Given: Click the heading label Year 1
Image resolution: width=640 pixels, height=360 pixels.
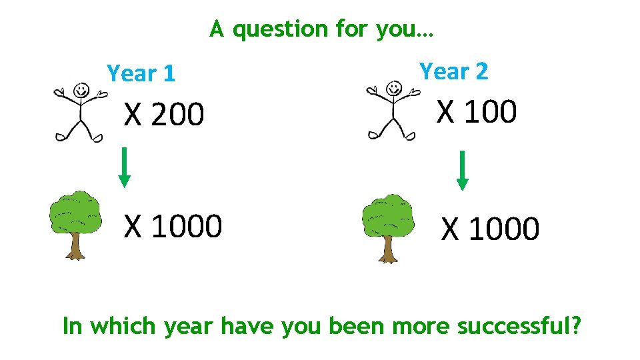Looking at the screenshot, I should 141,73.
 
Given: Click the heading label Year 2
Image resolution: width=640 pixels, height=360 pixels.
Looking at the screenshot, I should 453,71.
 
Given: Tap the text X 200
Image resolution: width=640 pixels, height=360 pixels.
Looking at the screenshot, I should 163,115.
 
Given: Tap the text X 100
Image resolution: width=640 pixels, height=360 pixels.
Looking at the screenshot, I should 476,111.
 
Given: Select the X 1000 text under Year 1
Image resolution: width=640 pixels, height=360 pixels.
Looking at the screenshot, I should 173,226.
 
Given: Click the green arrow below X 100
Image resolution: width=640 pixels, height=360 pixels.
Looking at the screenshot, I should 462,171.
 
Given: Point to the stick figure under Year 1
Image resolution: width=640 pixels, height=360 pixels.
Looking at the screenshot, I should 80,112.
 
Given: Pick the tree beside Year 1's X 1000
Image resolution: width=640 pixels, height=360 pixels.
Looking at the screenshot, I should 75,224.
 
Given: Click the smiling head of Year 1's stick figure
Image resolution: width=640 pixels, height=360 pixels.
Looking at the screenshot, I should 81,89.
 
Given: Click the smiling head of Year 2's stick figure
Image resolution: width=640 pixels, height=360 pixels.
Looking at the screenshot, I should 394,87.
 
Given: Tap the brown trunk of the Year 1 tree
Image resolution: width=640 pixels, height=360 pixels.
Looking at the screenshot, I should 75,248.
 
